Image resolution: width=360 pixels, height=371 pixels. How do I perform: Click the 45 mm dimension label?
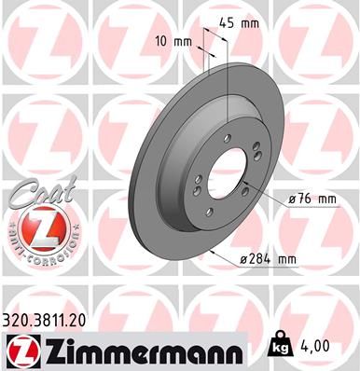point(239,23)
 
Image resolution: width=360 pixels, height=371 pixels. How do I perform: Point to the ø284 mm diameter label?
point(268,260)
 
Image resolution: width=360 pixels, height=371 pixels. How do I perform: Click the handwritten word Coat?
point(35,192)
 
